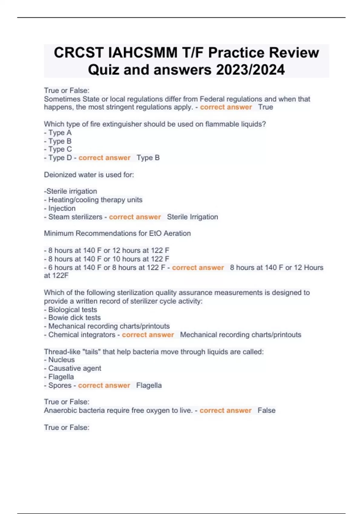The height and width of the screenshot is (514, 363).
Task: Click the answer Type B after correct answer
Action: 148,158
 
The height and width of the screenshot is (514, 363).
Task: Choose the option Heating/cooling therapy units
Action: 95,200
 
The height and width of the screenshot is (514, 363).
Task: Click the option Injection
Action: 62,208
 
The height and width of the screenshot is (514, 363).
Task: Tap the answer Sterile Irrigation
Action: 192,217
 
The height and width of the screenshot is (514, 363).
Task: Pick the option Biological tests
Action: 72,310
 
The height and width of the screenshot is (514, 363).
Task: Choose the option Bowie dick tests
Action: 74,318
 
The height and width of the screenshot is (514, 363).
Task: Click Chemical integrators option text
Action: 82,335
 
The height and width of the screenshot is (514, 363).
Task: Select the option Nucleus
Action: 61,360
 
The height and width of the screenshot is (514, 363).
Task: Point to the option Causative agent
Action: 74,368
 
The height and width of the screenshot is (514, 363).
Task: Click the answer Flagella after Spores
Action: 149,385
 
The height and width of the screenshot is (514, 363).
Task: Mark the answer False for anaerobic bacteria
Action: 267,411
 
